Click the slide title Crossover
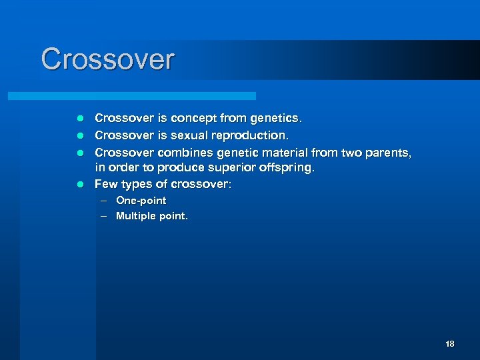point(107,59)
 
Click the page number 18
point(449,344)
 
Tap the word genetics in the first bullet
point(275,119)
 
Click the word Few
point(106,185)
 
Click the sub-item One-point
point(141,201)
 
